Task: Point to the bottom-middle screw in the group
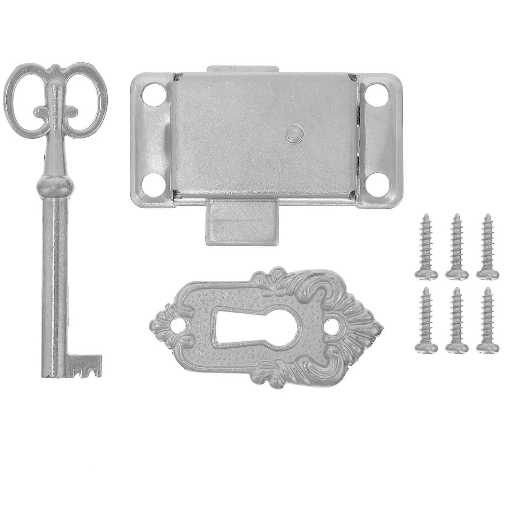457,320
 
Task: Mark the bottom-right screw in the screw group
487,320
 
